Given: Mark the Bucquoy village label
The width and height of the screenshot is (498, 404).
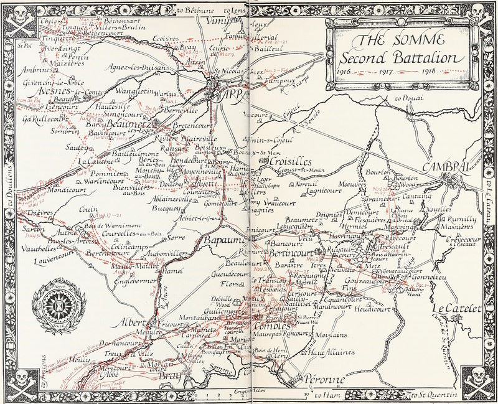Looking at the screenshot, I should (x=162, y=202).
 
